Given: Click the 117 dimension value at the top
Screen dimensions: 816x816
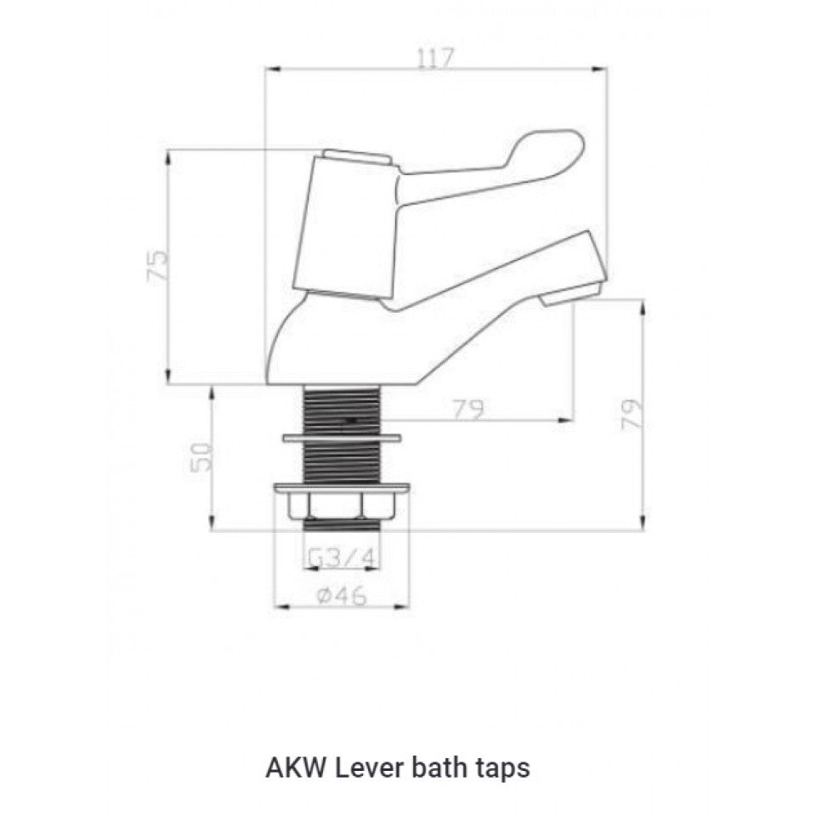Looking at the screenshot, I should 436,58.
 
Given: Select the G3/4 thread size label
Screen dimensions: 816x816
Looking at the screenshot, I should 340,558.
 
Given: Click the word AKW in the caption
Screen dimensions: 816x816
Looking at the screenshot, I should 294,768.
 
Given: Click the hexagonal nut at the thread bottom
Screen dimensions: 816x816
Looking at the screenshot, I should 340,507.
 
